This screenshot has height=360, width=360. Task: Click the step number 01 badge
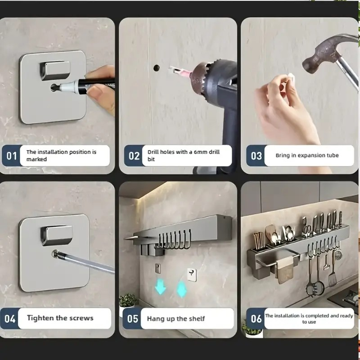coord(12,156)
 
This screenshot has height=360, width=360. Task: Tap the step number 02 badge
coord(134,156)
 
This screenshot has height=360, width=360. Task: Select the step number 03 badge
coord(256,156)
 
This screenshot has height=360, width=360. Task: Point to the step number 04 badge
coord(10,319)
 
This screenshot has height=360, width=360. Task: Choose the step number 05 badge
coord(132,319)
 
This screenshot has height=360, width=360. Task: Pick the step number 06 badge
coord(256,319)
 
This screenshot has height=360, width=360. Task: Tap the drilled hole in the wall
coord(156,68)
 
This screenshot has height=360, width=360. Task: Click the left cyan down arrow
coord(160,286)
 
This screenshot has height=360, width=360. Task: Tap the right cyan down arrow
coord(182,289)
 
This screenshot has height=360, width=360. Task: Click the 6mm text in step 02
coord(201,152)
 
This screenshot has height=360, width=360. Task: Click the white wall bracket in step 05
coord(192,274)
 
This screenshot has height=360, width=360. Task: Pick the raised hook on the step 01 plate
coord(54,70)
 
